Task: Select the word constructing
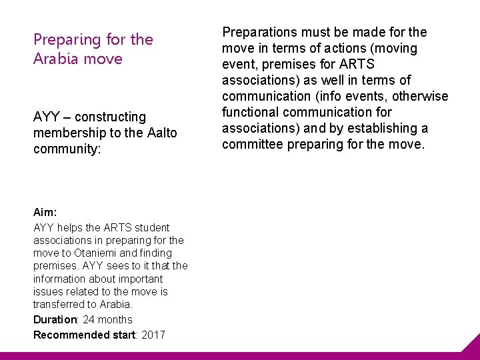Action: pos(110,117)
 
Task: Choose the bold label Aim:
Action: pos(45,212)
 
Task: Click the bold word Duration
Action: pos(55,320)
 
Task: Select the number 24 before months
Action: pos(89,320)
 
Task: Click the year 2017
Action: pos(153,335)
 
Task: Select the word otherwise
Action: pos(421,96)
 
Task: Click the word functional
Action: pos(251,112)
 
